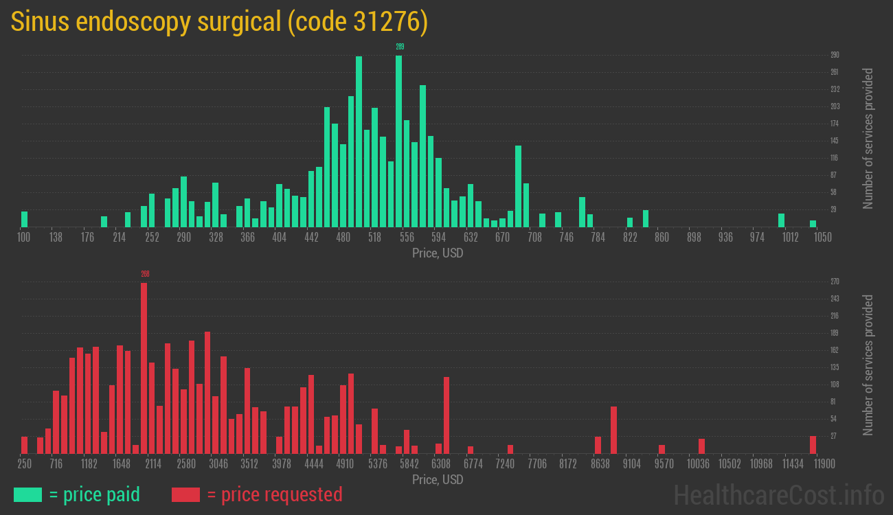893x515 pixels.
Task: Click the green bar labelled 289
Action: coord(398,141)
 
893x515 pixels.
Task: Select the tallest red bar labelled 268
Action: coord(144,367)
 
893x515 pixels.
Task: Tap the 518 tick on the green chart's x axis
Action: coord(374,238)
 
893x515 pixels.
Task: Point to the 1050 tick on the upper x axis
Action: coord(822,238)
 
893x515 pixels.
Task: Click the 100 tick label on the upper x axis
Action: coord(24,238)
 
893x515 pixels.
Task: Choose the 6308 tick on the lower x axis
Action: coord(440,464)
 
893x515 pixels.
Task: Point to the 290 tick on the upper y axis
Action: coord(835,55)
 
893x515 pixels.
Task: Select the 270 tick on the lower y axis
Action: coord(835,282)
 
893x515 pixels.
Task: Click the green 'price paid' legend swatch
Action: coord(27,494)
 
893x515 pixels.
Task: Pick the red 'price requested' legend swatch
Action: coord(185,494)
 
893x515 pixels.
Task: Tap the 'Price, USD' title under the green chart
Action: coord(438,253)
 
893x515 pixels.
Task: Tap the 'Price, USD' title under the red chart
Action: coord(438,479)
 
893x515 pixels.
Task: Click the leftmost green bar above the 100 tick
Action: coord(25,219)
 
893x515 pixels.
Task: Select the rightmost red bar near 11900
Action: coord(813,445)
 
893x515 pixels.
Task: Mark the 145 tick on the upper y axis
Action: coord(835,141)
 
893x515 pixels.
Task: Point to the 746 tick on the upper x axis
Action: coord(566,238)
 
